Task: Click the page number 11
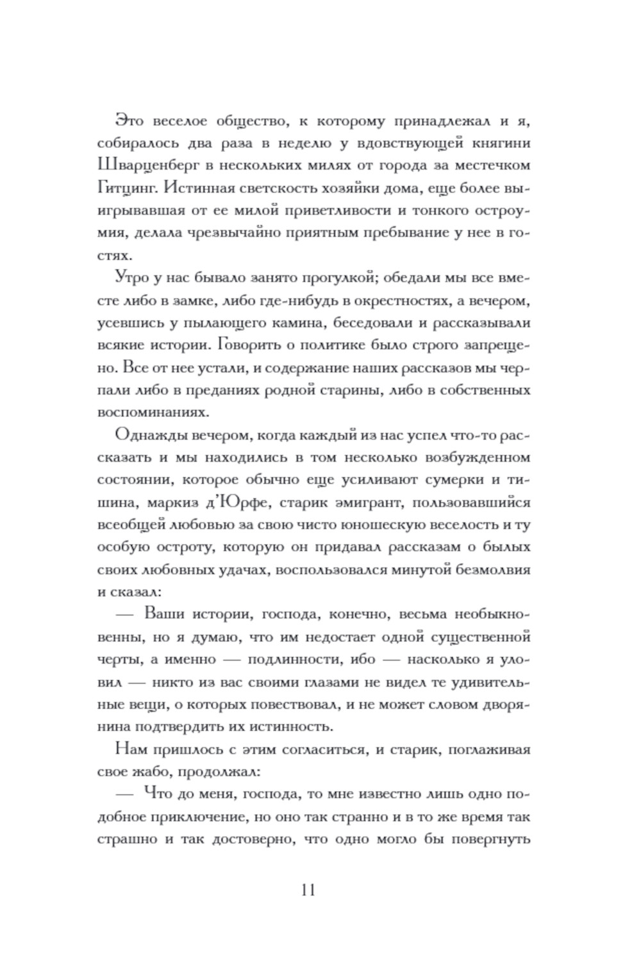coord(307,890)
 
